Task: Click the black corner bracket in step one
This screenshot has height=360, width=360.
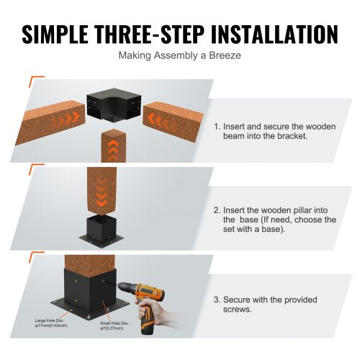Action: (x=115, y=108)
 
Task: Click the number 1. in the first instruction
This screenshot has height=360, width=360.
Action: (x=217, y=125)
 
